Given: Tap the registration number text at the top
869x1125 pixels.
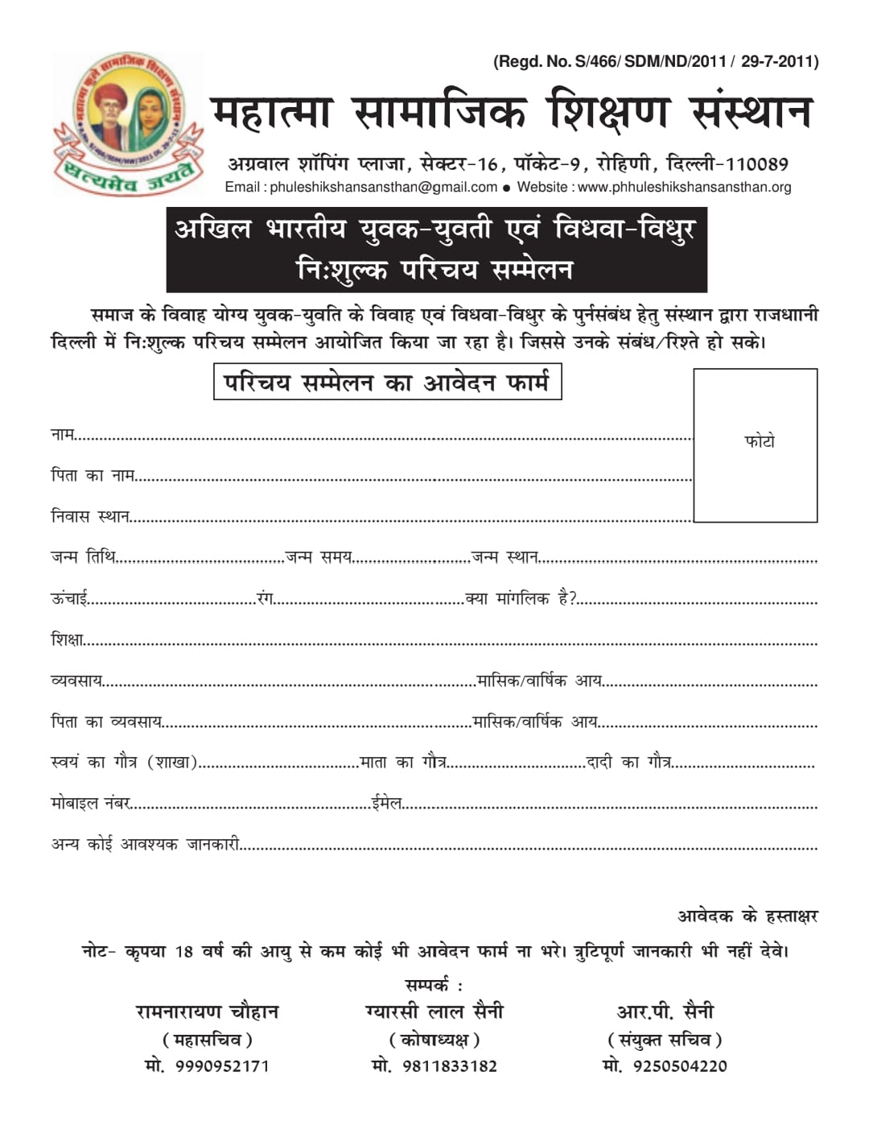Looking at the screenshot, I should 656,61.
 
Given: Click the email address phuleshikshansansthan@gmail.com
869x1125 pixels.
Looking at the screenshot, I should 383,188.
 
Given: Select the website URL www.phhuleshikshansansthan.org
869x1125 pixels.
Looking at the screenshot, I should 684,188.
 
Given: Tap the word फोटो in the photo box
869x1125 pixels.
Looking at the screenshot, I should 760,441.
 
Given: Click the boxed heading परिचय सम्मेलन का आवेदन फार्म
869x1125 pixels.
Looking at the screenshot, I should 387,383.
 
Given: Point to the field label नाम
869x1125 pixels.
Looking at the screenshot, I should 62,435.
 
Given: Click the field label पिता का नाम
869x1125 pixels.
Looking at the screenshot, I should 92,476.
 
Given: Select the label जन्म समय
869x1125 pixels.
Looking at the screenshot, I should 319,557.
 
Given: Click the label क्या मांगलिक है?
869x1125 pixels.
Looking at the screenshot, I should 521,599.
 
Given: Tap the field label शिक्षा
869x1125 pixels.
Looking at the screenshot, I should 67,640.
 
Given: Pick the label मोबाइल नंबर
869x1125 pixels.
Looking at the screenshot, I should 90,804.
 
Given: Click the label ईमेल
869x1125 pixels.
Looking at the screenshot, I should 386,803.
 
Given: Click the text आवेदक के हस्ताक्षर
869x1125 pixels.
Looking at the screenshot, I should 748,916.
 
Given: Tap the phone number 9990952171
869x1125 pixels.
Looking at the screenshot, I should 222,1066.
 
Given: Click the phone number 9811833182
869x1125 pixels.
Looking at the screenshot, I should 450,1066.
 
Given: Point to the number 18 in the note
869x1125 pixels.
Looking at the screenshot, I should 183,953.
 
